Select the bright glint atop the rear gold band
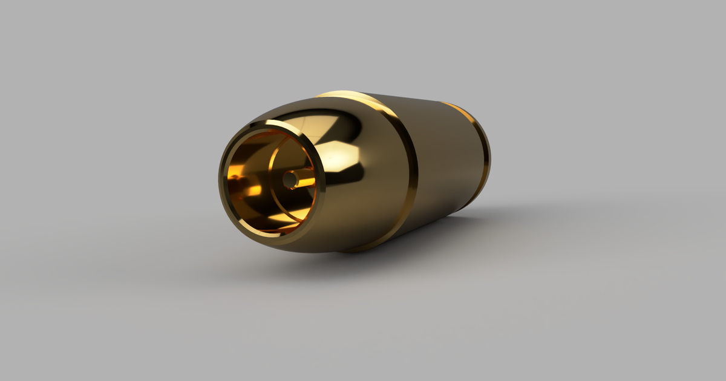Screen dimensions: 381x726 coord(460,109)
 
